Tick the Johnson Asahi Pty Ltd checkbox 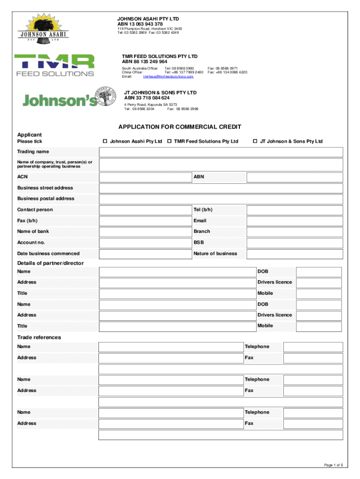(x=105, y=141)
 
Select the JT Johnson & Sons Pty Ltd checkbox (x=255, y=141)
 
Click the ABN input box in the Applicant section (x=295, y=177)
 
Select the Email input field (x=295, y=221)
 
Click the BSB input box (x=295, y=243)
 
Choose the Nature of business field (x=295, y=254)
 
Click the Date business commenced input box (x=145, y=254)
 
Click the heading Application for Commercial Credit (x=180, y=127)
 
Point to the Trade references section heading (x=39, y=337)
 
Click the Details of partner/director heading (x=50, y=263)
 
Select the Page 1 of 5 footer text (x=333, y=464)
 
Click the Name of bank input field (x=145, y=232)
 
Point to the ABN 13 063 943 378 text (x=140, y=24)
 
